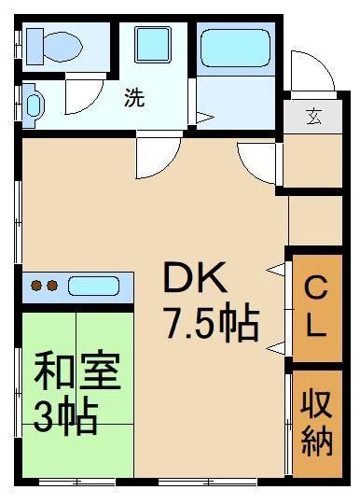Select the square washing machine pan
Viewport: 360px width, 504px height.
[x=151, y=45]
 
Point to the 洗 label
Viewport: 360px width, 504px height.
[x=134, y=99]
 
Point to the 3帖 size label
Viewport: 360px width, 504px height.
[x=65, y=417]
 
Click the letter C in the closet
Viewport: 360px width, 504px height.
[x=317, y=287]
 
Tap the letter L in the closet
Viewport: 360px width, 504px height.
[x=317, y=327]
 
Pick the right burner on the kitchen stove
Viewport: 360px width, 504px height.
[x=53, y=286]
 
